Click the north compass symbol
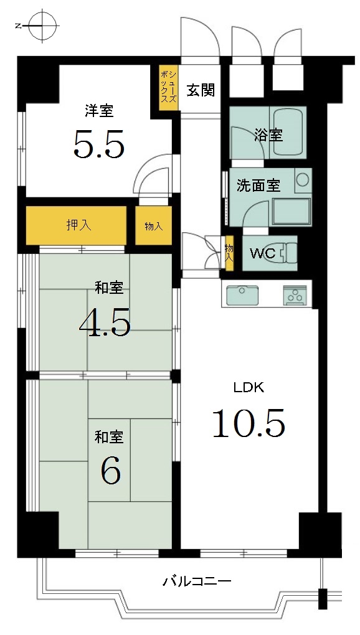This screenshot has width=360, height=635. (x=41, y=26)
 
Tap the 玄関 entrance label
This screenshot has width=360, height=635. (x=200, y=90)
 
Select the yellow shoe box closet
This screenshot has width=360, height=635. (x=168, y=88)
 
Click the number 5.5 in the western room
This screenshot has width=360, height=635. (x=98, y=144)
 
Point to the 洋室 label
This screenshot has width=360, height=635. (x=99, y=111)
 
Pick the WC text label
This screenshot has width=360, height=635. (x=263, y=253)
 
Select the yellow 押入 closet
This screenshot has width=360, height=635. (x=77, y=225)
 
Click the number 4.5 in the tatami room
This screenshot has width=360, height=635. (x=105, y=322)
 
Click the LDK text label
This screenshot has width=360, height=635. (x=249, y=388)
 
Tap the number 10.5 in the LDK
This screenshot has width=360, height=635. (x=249, y=423)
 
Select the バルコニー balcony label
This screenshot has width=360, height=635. (x=197, y=582)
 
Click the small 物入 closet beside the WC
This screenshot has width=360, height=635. (x=229, y=253)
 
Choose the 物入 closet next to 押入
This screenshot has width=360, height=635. (x=153, y=225)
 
